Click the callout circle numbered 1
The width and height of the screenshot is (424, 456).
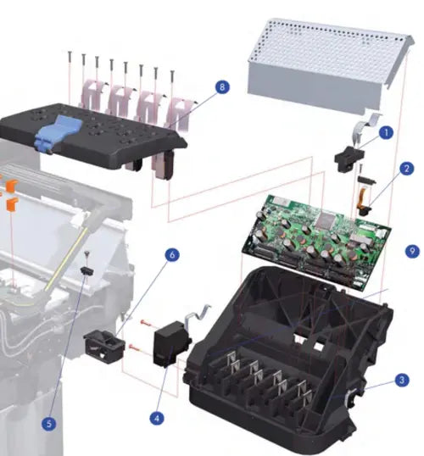386,132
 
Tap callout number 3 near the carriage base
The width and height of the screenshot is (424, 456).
402,381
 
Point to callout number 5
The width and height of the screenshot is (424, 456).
50,424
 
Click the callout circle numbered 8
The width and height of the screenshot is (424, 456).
222,87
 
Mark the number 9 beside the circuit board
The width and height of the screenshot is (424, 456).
412,252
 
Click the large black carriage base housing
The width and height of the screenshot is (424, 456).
288,348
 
